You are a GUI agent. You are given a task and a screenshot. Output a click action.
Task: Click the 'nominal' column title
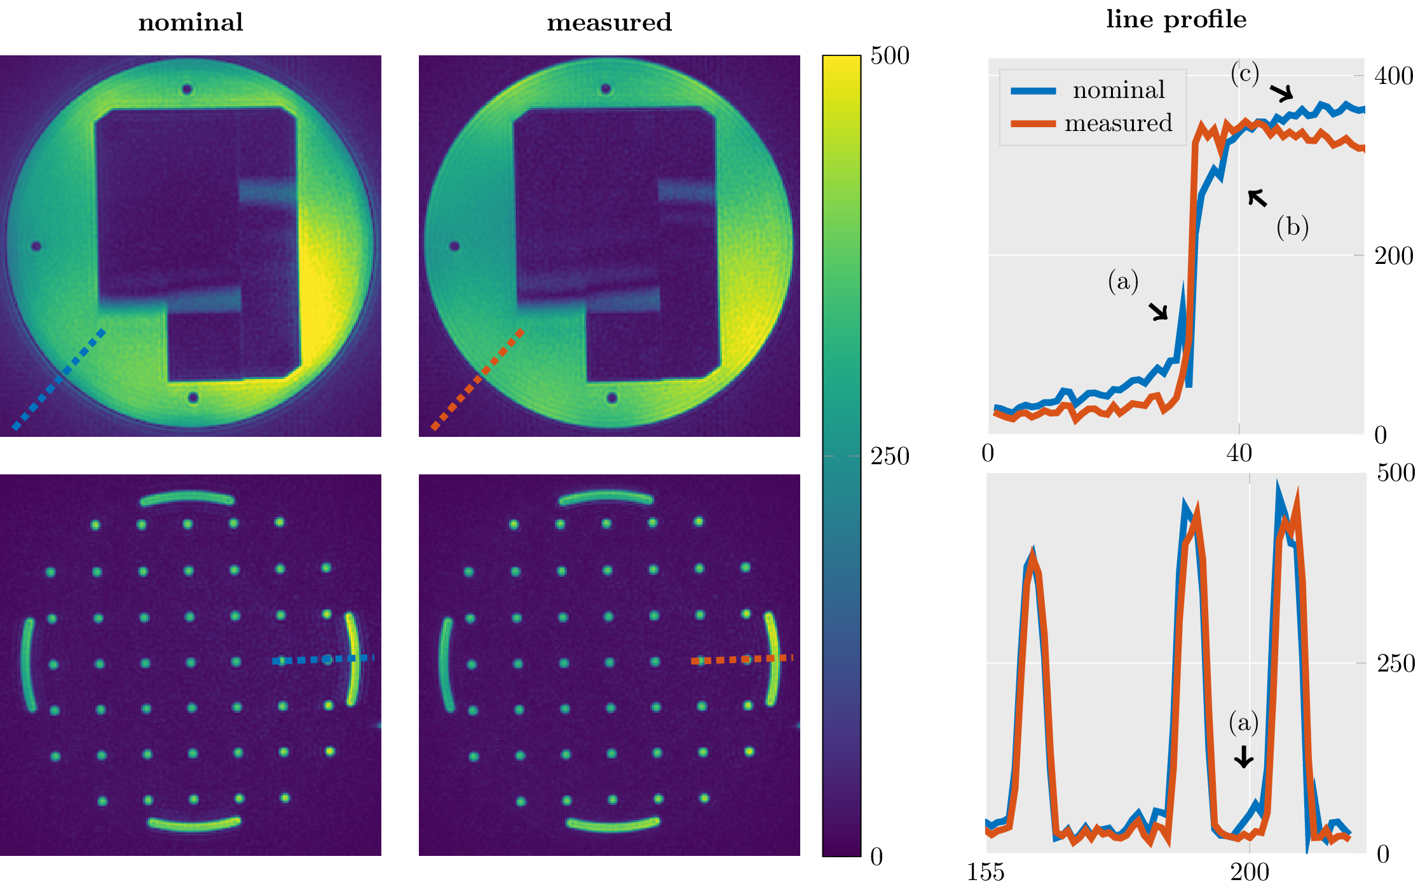point(191,23)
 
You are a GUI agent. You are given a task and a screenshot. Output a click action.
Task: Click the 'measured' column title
point(609,23)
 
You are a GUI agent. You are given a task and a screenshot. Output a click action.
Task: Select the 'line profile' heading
point(1176,20)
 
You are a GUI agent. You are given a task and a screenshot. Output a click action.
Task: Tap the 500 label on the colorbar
point(890,56)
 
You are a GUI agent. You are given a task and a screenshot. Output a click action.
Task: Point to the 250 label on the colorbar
point(890,457)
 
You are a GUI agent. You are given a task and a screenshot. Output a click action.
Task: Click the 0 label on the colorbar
point(876,857)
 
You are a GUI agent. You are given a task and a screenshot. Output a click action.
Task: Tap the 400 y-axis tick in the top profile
point(1394,76)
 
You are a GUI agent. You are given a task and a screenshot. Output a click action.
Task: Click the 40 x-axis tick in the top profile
point(1239,453)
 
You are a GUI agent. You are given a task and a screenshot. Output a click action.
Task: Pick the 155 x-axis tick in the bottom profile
point(986,872)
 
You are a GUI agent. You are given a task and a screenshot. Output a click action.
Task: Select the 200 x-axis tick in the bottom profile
point(1250,872)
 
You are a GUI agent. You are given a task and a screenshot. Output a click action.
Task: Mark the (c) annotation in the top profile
point(1244,74)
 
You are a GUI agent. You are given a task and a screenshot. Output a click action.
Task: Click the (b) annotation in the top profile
point(1292,227)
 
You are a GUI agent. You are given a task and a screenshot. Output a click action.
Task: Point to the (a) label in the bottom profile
point(1243,722)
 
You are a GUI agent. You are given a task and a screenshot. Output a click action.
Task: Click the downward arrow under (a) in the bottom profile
point(1244,756)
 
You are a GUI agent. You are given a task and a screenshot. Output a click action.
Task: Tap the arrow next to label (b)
point(1257,198)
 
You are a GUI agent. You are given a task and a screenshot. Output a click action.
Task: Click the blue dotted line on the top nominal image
point(58,379)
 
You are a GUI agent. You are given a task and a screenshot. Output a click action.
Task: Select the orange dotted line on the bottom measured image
point(742,659)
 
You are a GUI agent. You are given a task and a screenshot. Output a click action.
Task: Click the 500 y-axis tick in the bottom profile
point(1396,473)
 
